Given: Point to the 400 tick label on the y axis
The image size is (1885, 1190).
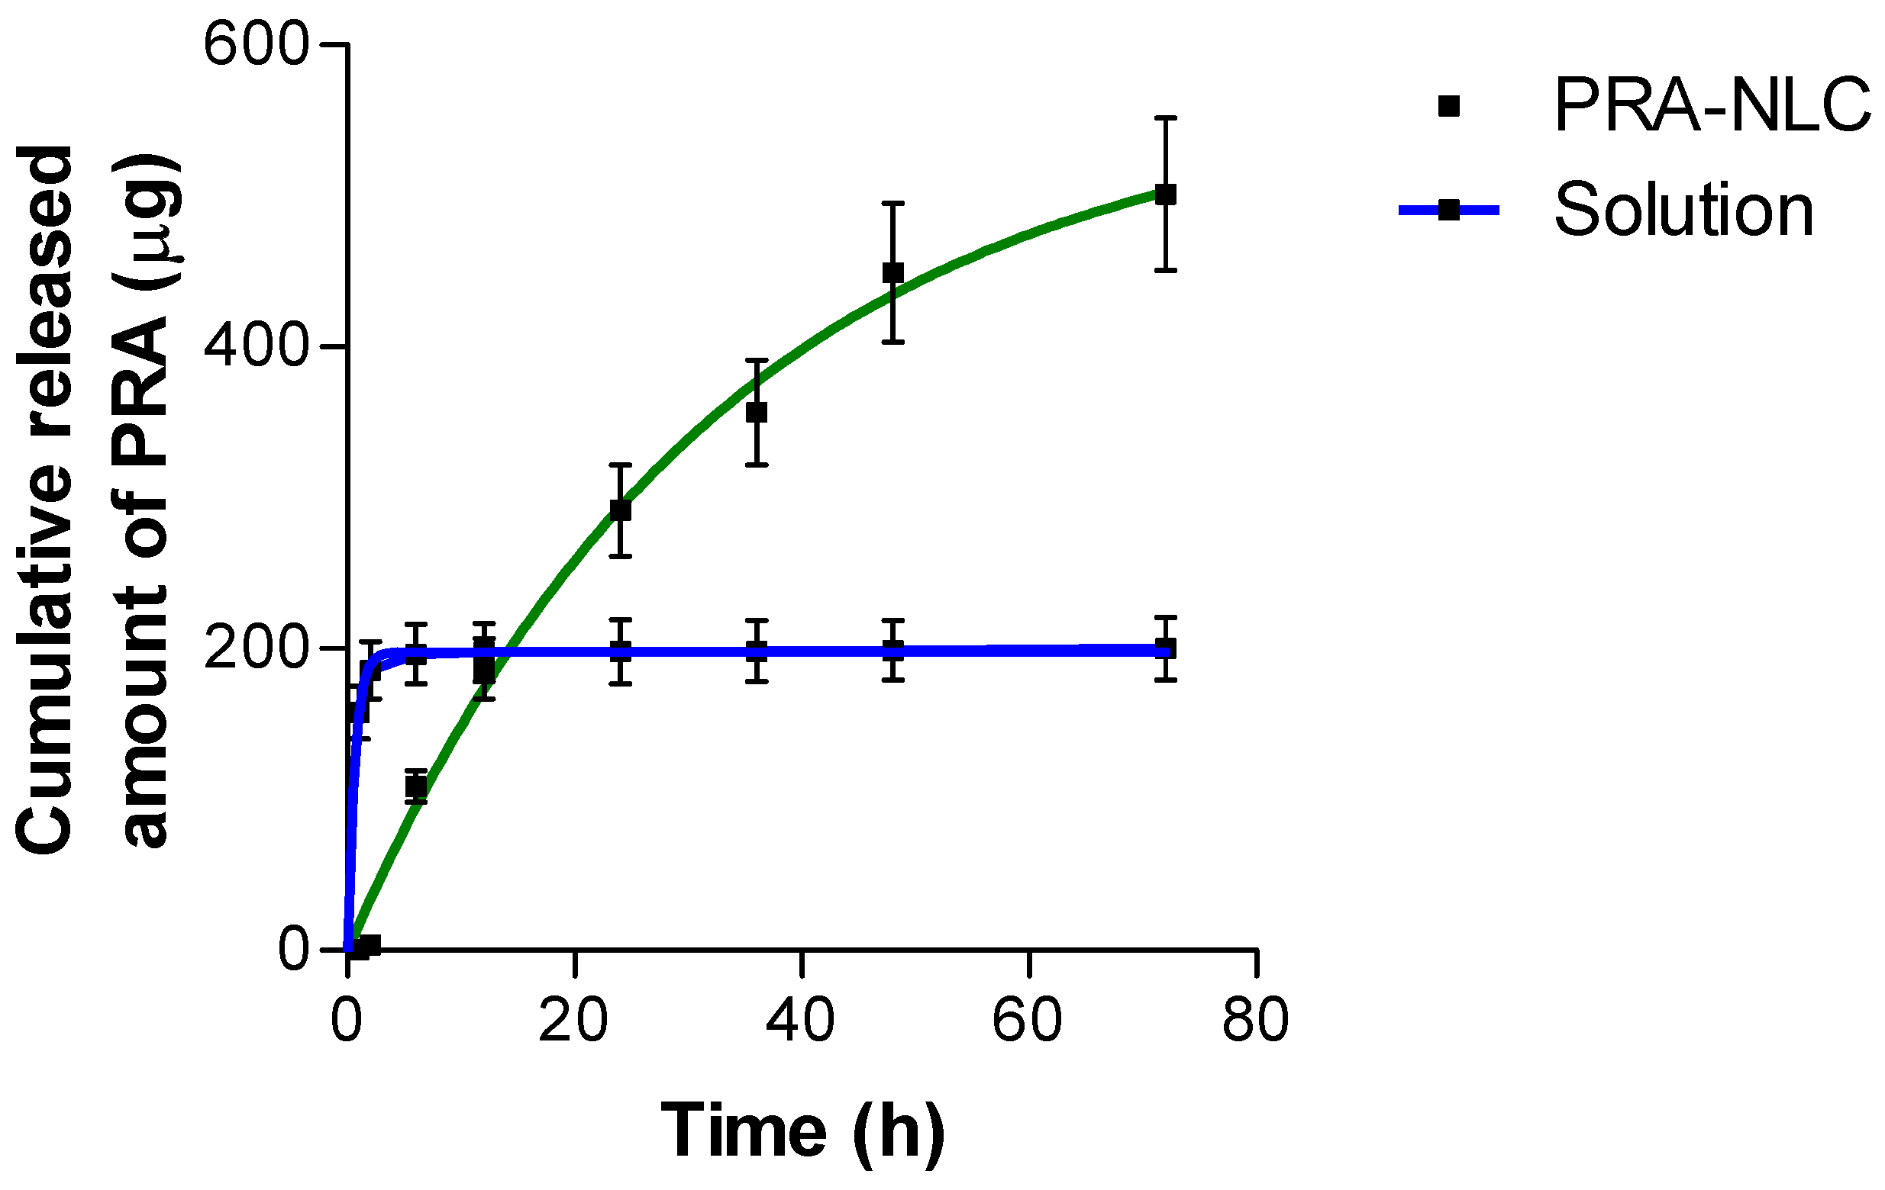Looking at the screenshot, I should [256, 346].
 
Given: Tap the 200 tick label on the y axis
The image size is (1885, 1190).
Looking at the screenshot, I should [256, 648].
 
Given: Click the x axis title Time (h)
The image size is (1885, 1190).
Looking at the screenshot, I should [802, 1131].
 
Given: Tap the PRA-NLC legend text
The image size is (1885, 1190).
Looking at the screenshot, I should [1711, 105].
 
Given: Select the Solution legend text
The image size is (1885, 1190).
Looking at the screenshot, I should [1683, 210].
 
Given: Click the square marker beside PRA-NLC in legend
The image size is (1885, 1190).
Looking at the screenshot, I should [1449, 106].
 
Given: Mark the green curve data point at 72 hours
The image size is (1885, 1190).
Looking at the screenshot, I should [1166, 194].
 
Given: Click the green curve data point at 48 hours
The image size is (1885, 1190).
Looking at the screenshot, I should [893, 273].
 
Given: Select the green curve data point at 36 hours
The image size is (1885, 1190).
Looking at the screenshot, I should [756, 413].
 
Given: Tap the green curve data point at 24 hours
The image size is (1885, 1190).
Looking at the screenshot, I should [620, 510].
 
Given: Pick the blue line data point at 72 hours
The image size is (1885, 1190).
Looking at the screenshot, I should [1166, 648].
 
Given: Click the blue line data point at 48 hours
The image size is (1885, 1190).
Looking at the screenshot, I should [893, 650].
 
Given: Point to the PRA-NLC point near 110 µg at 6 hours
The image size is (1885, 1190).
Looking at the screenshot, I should [416, 786].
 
